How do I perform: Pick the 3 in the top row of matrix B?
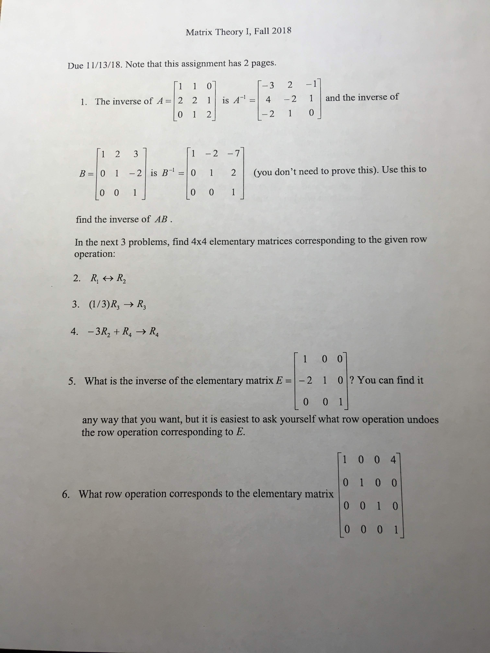tap(136, 154)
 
